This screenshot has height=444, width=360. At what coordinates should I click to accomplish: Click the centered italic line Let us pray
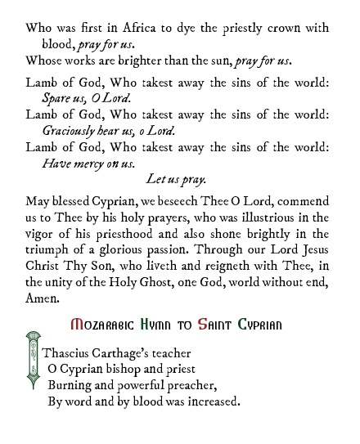click(x=176, y=177)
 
